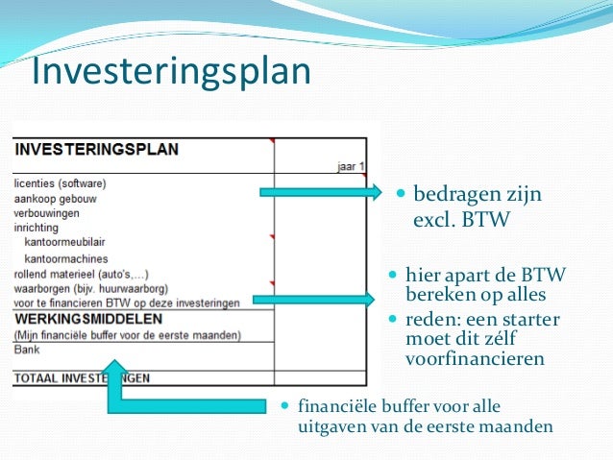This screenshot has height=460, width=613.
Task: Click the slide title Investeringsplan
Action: tap(171, 72)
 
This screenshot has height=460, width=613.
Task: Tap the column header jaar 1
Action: tap(352, 166)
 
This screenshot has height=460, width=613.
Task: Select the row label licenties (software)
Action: tap(60, 182)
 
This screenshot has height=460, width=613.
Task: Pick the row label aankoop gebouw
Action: tap(55, 198)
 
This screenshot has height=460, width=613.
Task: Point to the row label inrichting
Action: tap(37, 228)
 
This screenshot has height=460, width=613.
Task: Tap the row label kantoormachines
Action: tap(66, 258)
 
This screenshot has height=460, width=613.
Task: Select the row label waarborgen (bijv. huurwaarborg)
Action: tap(91, 288)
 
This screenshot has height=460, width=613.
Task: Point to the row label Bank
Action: tap(26, 351)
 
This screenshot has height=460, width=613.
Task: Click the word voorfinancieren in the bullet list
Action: tap(475, 359)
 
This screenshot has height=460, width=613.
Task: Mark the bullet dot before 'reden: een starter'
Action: tap(392, 318)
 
